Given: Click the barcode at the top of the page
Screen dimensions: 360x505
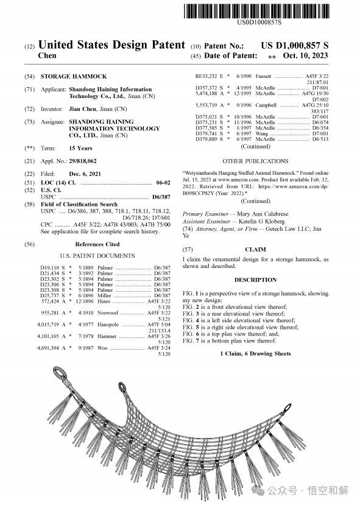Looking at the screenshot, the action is tap(256, 11).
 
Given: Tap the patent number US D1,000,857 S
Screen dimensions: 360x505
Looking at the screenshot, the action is tap(295, 46).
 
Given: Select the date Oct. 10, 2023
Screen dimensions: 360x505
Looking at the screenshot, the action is tap(305, 55).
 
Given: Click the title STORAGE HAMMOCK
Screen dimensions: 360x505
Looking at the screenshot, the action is tap(74, 77).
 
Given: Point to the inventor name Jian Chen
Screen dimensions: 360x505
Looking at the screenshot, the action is tap(82, 109).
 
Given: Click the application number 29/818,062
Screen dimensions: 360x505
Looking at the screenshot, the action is tap(83, 161).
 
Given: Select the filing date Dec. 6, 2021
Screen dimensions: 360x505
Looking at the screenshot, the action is tap(85, 174).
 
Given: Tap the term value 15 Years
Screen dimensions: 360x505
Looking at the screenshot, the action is tap(80, 148).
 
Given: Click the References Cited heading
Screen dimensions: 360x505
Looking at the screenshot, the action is tap(97, 244).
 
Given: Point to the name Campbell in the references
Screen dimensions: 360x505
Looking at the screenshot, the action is tap(266, 105).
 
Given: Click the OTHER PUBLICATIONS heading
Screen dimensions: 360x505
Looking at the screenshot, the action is tap(255, 161).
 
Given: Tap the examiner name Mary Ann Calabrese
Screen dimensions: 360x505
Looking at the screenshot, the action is tap(263, 214).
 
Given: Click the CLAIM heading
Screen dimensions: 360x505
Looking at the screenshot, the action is tap(255, 250).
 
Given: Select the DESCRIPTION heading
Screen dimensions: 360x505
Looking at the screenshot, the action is tap(255, 280).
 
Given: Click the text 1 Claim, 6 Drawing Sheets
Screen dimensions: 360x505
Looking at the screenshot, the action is tap(255, 354).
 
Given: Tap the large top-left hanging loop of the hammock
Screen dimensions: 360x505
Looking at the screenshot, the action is tap(60, 373).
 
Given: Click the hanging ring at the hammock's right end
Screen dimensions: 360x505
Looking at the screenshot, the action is tap(288, 408).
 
